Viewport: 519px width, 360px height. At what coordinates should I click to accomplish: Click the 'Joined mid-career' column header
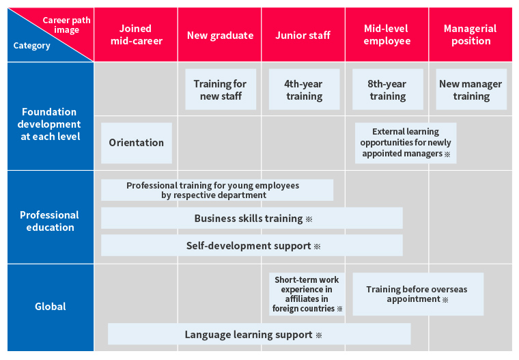click(x=136, y=34)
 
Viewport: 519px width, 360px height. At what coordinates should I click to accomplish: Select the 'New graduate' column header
click(x=220, y=34)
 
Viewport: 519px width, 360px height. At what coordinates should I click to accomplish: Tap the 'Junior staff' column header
click(x=303, y=34)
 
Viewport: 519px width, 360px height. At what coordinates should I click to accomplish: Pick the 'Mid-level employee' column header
click(x=387, y=34)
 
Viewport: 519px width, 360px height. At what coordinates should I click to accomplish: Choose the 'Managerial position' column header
click(x=471, y=34)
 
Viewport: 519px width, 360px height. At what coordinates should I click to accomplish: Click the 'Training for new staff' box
click(x=221, y=89)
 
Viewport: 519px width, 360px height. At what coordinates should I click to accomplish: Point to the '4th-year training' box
click(x=304, y=89)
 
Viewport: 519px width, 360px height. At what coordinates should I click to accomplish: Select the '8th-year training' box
click(x=388, y=89)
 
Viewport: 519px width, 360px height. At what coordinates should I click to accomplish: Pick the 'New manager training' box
click(x=471, y=89)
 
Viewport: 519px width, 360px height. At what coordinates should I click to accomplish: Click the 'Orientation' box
click(x=137, y=143)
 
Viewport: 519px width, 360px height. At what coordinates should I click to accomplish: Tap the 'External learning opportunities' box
click(x=406, y=143)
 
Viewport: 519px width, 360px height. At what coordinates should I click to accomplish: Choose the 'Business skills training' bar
click(x=252, y=218)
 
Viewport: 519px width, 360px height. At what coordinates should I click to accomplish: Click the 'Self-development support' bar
click(x=252, y=245)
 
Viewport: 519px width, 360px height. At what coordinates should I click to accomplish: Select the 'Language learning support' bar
click(x=259, y=334)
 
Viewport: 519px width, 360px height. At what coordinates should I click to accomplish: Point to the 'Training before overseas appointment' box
click(x=418, y=294)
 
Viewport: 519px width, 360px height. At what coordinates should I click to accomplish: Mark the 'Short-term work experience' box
click(x=307, y=294)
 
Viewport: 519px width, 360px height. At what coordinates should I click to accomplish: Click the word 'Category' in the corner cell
click(x=32, y=45)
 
